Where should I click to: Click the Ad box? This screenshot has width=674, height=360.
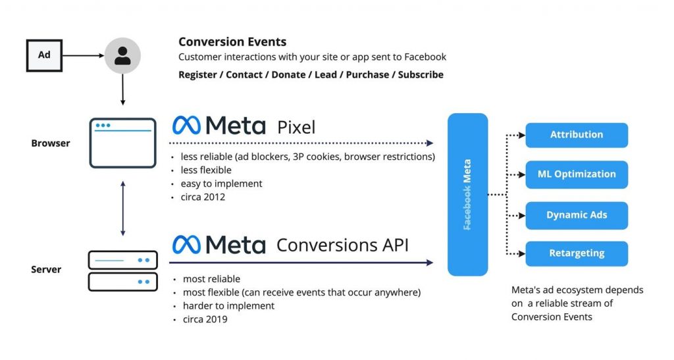tap(44, 55)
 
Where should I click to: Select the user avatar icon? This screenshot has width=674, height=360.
tap(122, 55)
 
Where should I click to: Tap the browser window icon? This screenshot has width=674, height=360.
tap(122, 143)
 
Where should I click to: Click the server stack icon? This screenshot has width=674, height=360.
tap(122, 270)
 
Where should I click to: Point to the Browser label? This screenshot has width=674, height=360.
tap(51, 143)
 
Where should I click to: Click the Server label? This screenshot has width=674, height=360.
tap(47, 270)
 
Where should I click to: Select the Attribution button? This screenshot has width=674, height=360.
tap(577, 135)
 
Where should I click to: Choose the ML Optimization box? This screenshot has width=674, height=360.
tap(577, 174)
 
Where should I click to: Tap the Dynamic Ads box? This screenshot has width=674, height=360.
tap(577, 215)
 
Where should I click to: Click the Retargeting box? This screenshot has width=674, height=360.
tap(577, 253)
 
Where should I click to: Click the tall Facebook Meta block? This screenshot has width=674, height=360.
tap(467, 194)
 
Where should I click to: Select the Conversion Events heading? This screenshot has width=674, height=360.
tap(232, 42)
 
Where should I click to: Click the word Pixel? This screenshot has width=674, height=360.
tap(296, 126)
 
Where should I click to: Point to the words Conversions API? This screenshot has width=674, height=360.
tap(342, 245)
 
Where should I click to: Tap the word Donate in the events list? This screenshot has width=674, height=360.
tap(288, 74)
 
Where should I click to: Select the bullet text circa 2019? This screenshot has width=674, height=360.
tap(205, 319)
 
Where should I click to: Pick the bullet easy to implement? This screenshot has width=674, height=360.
tap(221, 184)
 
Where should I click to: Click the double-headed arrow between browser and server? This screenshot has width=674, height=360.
tap(122, 207)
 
